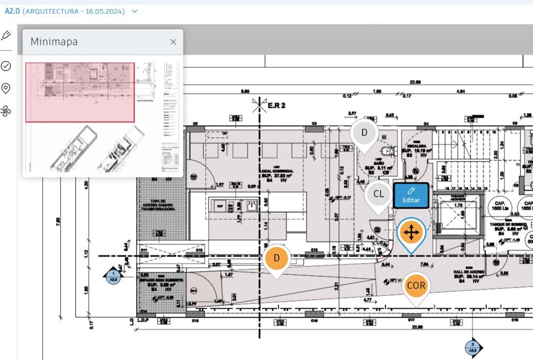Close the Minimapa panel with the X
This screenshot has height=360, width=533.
point(173,42)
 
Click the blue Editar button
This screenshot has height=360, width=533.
point(411,195)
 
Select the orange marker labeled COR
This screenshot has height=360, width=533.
point(416,286)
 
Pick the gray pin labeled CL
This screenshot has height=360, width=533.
point(378,194)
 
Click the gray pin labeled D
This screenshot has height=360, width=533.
point(364,133)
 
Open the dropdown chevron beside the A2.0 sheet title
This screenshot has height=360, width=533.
point(135,11)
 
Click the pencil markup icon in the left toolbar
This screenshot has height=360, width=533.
point(6,35)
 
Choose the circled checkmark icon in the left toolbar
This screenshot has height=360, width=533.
point(6,66)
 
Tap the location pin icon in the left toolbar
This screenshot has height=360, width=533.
point(6,88)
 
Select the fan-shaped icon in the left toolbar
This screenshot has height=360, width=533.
point(6,111)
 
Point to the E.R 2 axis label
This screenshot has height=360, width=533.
point(276,105)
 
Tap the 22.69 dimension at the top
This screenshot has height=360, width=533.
point(414,82)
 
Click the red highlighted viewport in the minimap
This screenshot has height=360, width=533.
point(79,93)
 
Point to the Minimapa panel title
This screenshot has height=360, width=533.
point(54,42)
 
